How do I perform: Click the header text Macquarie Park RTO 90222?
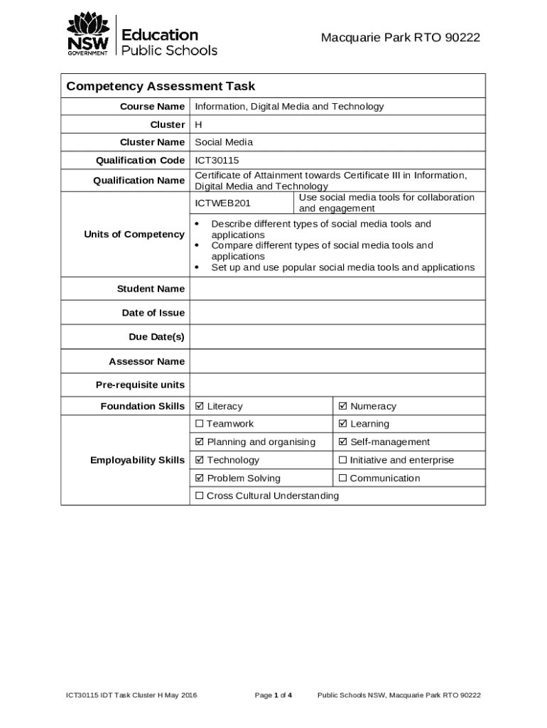point(400,38)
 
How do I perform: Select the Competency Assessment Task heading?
point(161,87)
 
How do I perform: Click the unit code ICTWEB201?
point(223,203)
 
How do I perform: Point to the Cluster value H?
point(199,124)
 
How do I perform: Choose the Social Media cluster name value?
point(224,142)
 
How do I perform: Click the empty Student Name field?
point(337,289)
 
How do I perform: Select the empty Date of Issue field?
point(337,313)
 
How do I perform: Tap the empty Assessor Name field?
point(337,361)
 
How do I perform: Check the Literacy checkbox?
point(200,407)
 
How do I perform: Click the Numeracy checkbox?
point(343,407)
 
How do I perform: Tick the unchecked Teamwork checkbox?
point(200,424)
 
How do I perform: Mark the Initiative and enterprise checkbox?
point(343,461)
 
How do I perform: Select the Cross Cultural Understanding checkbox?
point(200,496)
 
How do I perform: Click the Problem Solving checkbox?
point(200,478)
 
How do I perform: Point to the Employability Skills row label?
point(137,460)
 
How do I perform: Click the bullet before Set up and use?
point(197,268)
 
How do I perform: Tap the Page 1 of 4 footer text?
point(273,695)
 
